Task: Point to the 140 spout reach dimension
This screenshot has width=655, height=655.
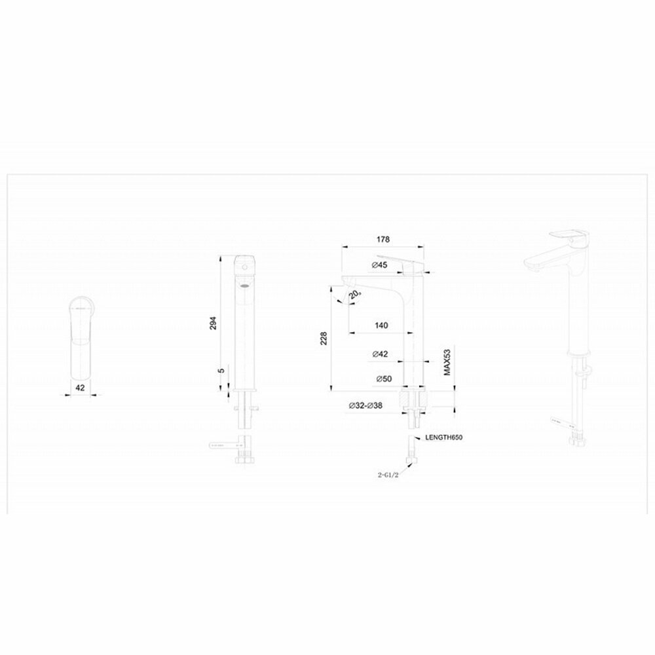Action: click(x=382, y=326)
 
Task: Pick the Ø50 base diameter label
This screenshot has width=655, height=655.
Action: click(x=383, y=379)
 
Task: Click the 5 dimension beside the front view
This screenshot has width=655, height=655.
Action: click(x=221, y=371)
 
